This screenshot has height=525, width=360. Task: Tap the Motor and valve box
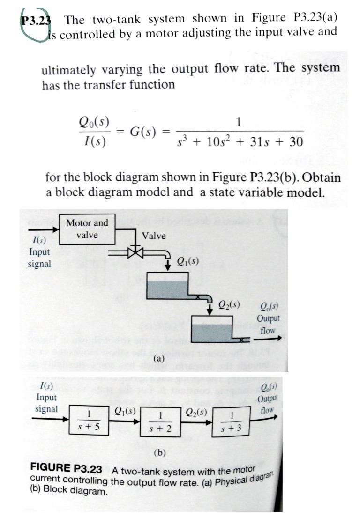point(87,229)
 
